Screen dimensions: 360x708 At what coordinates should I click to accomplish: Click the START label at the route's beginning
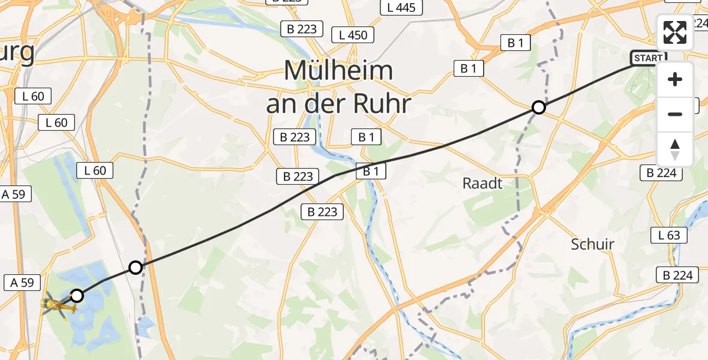(x=648, y=58)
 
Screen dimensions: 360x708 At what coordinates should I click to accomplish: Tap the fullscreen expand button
(x=675, y=33)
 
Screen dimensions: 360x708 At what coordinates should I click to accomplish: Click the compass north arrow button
(x=675, y=149)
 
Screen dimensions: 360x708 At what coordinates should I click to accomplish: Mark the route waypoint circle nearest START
(x=539, y=107)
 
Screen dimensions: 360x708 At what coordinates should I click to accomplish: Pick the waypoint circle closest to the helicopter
(x=77, y=295)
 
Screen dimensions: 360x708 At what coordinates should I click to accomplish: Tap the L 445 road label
(x=401, y=8)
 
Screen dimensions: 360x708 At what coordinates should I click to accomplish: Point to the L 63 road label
(x=669, y=235)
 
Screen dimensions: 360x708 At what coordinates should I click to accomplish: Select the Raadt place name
(x=482, y=184)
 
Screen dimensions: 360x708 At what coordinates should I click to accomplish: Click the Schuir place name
(x=593, y=244)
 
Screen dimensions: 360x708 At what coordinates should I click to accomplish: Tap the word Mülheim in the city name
(x=338, y=71)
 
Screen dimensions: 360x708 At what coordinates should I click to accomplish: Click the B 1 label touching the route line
(x=370, y=172)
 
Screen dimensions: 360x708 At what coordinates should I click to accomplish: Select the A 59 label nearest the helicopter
(x=22, y=282)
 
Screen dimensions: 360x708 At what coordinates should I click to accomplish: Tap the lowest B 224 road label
(x=677, y=275)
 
